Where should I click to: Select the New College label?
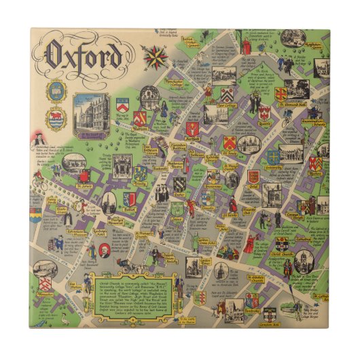click(x=226, y=106)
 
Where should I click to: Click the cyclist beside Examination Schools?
click(x=287, y=120)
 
